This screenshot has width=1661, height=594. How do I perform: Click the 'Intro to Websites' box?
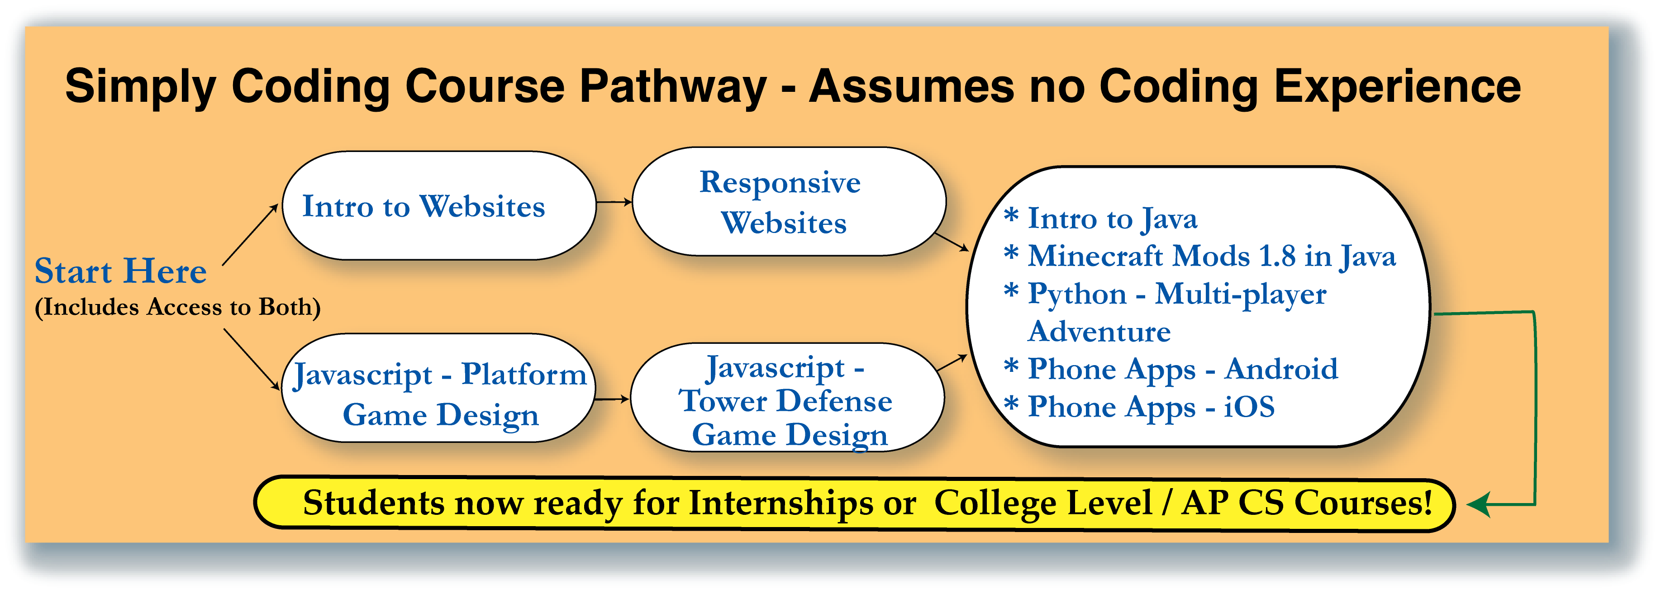tap(438, 206)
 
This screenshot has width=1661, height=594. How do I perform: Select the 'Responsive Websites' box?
tap(788, 202)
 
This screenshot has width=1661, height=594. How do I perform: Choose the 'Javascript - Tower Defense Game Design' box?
tap(787, 399)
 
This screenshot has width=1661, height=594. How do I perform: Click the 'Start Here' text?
tap(120, 271)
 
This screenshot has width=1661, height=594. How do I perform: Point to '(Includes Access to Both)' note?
tap(177, 307)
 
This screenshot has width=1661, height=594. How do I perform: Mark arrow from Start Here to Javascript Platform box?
tap(252, 359)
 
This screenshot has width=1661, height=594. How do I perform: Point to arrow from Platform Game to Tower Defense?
tap(611, 399)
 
